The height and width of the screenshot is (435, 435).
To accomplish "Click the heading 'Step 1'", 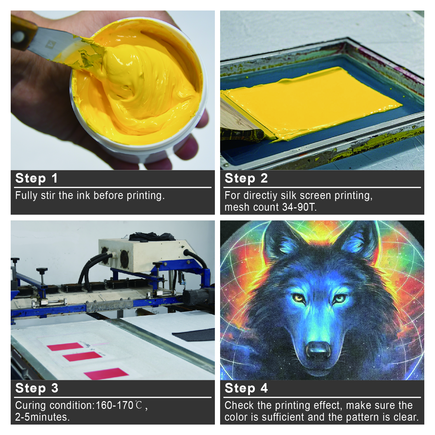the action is click(36, 178).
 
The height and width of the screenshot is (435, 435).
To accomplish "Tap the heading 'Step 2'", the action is click(246, 178).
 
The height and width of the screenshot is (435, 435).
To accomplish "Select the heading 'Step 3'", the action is click(37, 388).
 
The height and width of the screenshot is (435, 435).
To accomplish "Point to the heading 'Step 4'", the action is click(246, 388).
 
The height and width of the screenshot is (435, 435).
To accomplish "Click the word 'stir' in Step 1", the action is click(48, 195).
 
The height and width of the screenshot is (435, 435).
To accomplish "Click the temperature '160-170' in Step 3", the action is click(114, 405).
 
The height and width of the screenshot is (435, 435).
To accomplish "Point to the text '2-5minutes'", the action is click(42, 417).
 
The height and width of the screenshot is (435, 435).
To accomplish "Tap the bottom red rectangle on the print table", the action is click(106, 374).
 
